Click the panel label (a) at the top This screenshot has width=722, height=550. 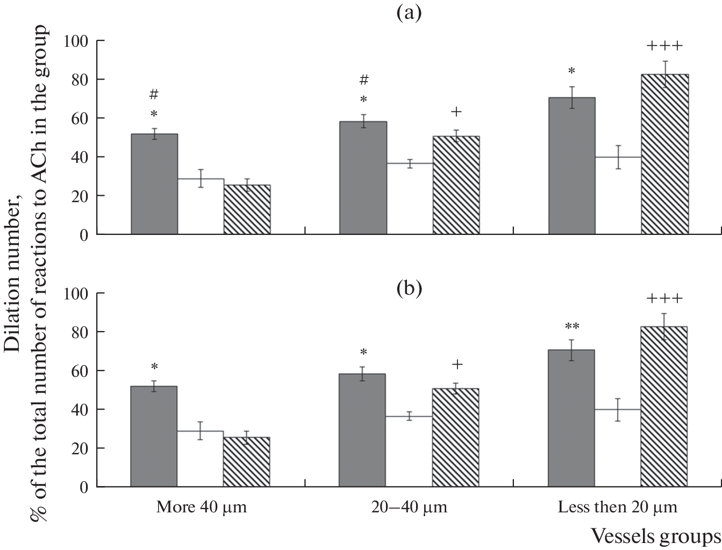[x=409, y=12]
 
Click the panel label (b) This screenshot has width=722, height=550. [x=409, y=289]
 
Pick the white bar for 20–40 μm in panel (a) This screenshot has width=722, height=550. [x=409, y=198]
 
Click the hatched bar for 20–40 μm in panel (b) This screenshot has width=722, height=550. [x=455, y=438]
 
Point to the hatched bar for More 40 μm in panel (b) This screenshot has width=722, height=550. [x=246, y=462]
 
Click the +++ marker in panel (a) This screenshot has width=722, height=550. [x=664, y=46]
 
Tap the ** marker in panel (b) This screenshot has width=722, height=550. [x=571, y=326]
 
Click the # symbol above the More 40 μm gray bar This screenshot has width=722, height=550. [x=154, y=95]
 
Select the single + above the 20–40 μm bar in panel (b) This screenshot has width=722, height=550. [x=456, y=365]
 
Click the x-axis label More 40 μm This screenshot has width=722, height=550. [x=201, y=508]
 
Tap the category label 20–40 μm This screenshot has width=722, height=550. [x=409, y=508]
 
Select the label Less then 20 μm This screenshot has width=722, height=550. [x=618, y=508]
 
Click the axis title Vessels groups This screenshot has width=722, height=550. [x=655, y=536]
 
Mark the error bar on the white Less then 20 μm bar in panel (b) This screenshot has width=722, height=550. [x=618, y=410]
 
